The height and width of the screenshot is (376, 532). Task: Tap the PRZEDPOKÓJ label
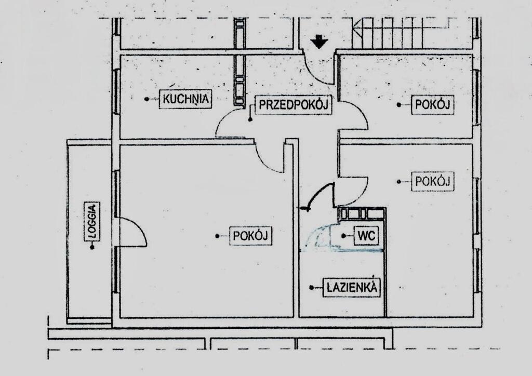pyautogui.click(x=295, y=105)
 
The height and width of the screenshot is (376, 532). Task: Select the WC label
pyautogui.click(x=366, y=236)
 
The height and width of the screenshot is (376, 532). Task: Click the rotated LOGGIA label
pyautogui.click(x=93, y=226)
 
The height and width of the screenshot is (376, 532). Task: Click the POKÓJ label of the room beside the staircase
pyautogui.click(x=432, y=105)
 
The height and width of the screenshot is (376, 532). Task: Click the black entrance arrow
pyautogui.click(x=319, y=42)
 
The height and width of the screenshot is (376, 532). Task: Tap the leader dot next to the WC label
pyautogui.click(x=343, y=236)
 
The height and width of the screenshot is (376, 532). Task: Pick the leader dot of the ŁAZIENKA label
pyautogui.click(x=312, y=287)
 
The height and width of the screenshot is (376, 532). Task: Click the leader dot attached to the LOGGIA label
pyautogui.click(x=93, y=248)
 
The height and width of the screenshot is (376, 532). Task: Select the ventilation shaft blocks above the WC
pyautogui.click(x=361, y=214)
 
